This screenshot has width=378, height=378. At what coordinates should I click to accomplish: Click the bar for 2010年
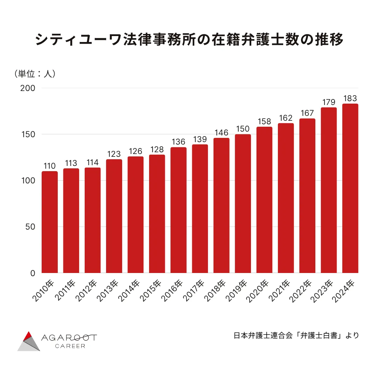[50, 222]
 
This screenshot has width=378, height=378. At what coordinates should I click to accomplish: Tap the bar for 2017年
[200, 209]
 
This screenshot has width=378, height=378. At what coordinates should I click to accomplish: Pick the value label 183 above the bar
[350, 98]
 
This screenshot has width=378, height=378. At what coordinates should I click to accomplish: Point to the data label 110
[50, 166]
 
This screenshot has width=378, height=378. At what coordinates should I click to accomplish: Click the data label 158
[264, 121]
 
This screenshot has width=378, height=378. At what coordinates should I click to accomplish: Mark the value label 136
[178, 142]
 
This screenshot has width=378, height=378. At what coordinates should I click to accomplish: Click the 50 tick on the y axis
[30, 227]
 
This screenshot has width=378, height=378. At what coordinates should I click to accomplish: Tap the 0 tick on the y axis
[33, 273]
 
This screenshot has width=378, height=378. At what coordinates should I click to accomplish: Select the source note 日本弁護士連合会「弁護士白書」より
[296, 335]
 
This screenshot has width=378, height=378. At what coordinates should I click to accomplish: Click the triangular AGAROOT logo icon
[29, 341]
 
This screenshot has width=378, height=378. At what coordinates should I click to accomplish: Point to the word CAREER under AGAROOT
[70, 346]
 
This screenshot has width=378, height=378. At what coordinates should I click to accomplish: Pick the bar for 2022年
[307, 196]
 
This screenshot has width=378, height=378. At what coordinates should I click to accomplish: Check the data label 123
[114, 154]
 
